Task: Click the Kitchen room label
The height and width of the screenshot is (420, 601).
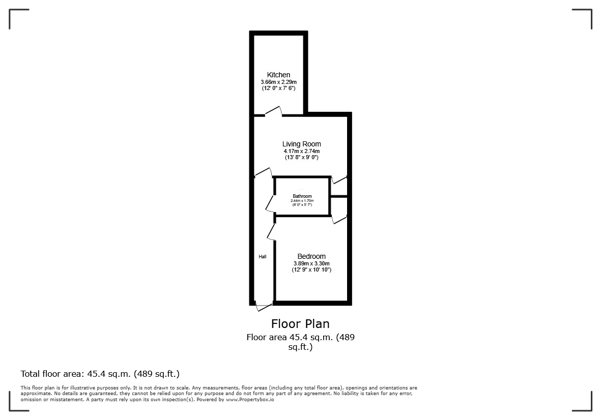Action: coord(278,75)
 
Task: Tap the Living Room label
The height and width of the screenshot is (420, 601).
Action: coord(301,144)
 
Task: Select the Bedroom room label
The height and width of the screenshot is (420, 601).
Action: coord(311,256)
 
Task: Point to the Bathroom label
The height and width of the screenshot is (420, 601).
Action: coord(302,196)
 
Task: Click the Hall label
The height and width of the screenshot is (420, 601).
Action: coord(263,256)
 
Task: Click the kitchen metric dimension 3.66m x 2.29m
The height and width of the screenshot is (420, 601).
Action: coord(278,82)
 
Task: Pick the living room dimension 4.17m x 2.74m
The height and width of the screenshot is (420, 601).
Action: coord(301,151)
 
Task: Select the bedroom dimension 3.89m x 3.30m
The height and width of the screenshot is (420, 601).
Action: coord(311,263)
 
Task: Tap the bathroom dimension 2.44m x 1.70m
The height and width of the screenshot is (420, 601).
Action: coord(302,201)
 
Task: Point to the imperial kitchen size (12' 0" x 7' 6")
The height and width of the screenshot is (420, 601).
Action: coord(278,88)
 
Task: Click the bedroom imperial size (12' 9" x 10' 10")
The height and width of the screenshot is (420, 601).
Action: coord(311,269)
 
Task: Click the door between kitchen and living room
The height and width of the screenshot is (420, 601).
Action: coord(274,111)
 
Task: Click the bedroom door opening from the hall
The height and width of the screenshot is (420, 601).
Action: coord(271,232)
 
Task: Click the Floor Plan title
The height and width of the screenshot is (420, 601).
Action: coord(300,324)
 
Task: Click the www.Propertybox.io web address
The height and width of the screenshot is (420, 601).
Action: coord(250,399)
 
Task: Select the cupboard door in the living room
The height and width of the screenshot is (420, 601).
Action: coord(339,180)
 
